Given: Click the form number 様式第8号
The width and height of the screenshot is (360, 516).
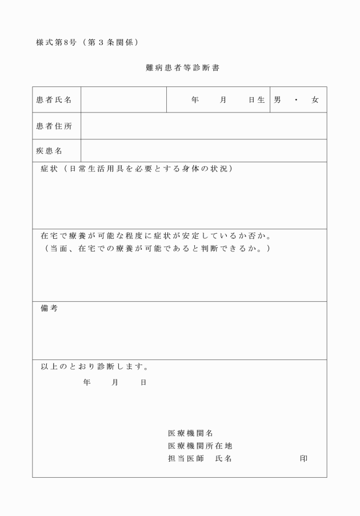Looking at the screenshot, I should pos(55,43).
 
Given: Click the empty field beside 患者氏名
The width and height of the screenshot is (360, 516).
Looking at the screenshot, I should pos(123,100).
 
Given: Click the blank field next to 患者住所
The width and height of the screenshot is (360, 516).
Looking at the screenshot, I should pos(203,126).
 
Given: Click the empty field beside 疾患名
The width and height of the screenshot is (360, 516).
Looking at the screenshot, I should pos(203,151).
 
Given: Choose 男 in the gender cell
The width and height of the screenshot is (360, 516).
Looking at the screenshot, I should pos(277,100).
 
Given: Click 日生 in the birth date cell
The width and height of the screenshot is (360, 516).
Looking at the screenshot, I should pos(257,100).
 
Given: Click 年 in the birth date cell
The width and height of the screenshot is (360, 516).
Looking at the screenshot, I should pos(195,100).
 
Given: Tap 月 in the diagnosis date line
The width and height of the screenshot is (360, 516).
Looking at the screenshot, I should pos(115,382).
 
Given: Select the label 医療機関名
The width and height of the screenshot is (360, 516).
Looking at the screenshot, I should pos(190,433).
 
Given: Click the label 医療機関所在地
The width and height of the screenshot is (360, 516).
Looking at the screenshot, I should pos(199,446).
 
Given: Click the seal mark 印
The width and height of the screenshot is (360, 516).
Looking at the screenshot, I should pos(303,458).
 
